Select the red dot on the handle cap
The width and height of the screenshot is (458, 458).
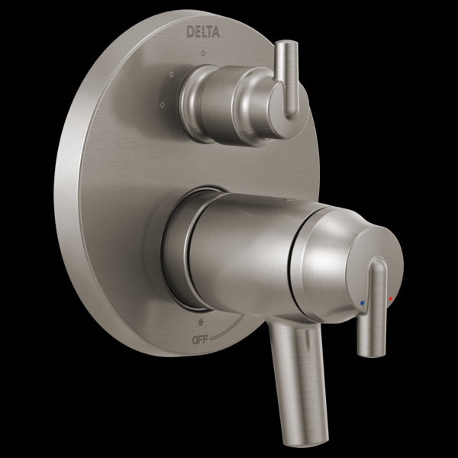coord(391,298)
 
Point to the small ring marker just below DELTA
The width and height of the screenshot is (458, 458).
coord(202,54)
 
